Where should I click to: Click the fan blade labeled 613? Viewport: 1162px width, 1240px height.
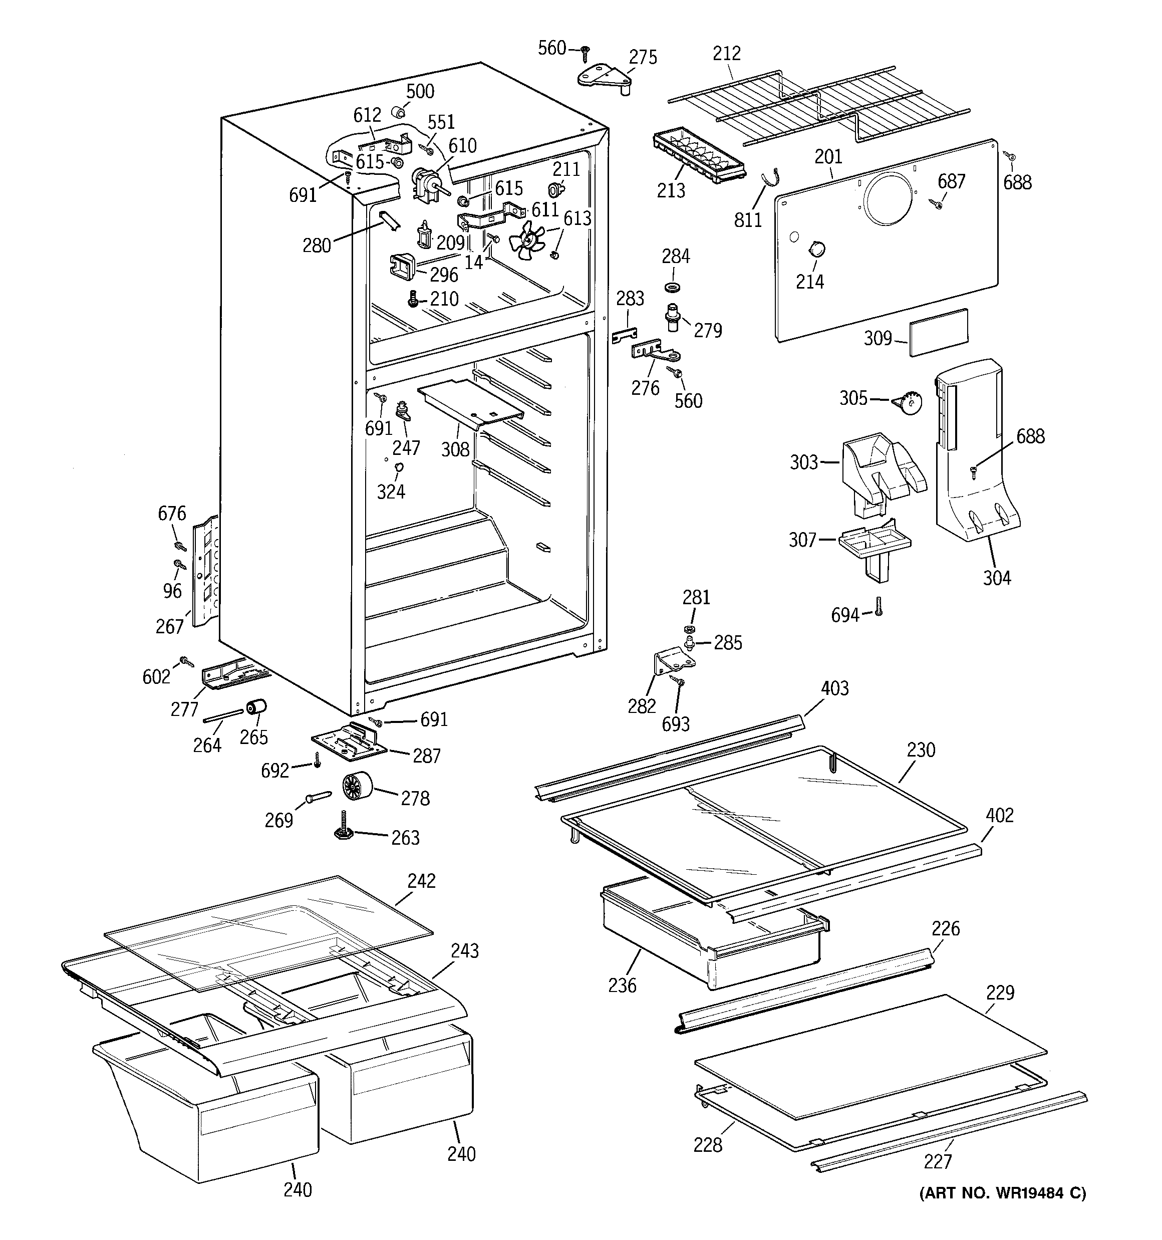(527, 240)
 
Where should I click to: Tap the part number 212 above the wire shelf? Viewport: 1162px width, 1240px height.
(727, 54)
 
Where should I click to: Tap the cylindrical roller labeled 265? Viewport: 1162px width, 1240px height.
(256, 708)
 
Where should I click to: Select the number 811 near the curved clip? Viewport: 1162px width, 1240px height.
(747, 219)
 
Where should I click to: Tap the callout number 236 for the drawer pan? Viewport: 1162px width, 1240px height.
(622, 985)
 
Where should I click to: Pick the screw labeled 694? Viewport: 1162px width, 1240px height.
(878, 605)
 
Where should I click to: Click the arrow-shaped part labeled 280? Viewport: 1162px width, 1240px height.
(389, 220)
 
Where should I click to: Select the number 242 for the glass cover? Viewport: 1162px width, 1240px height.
(421, 881)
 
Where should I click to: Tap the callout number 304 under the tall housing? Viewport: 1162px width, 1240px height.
(996, 578)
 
